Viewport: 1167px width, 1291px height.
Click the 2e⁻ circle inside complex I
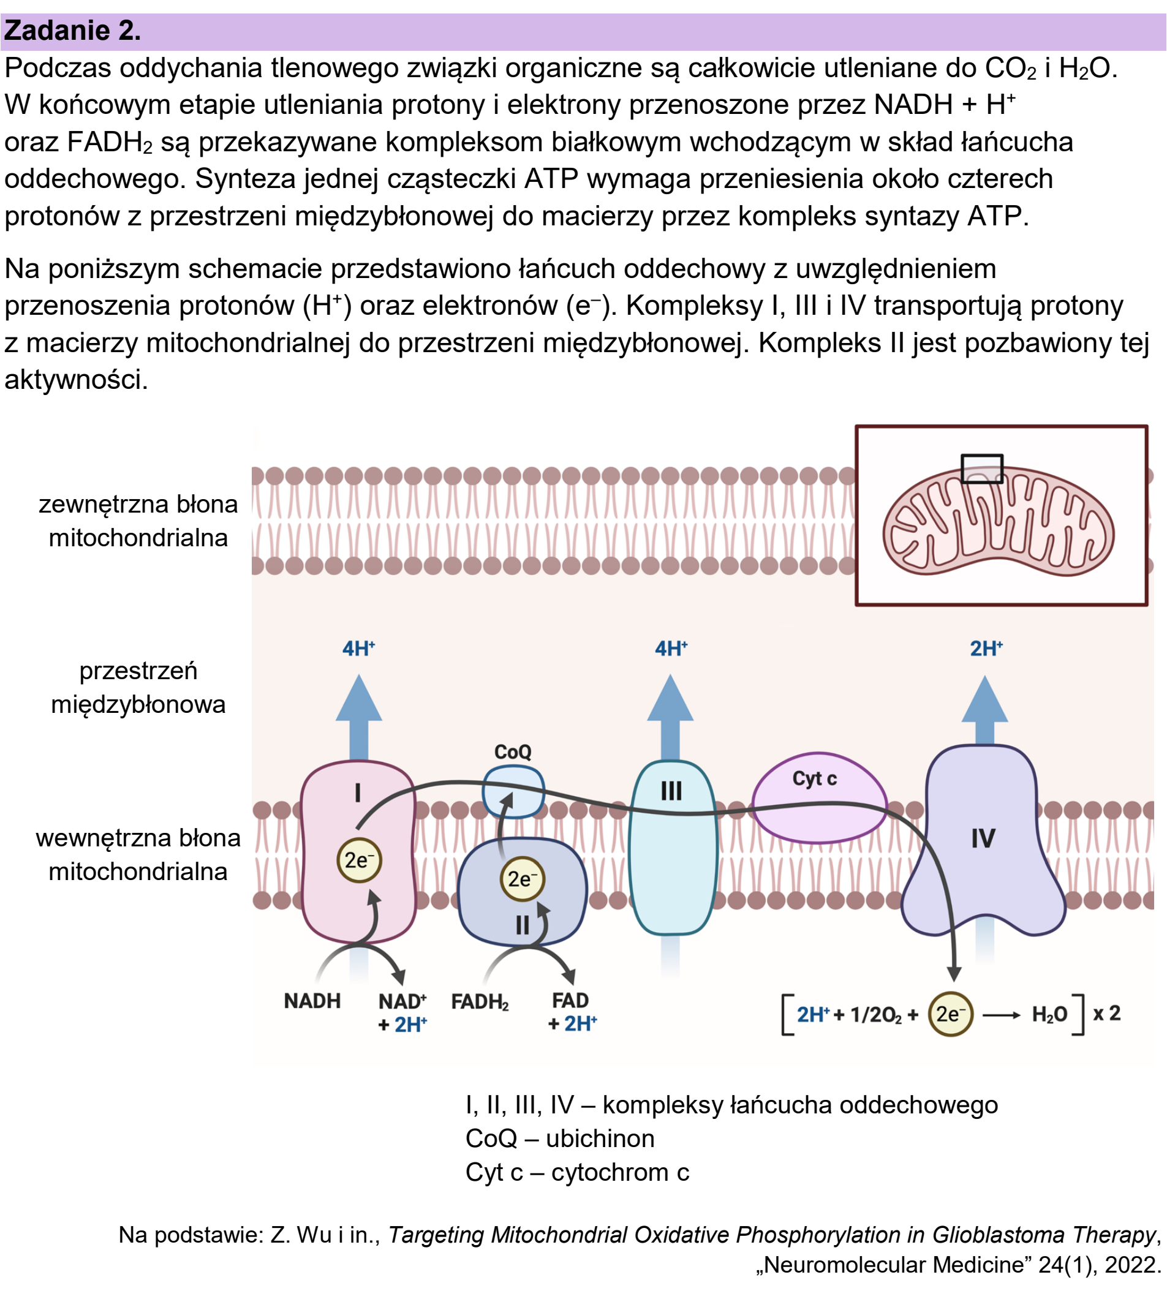pos(360,860)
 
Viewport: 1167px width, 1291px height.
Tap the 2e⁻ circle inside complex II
pos(522,879)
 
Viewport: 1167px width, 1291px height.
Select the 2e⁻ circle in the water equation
pos(951,1014)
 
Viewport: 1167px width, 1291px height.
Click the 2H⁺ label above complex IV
pos(986,648)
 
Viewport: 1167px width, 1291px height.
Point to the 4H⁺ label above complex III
pos(671,648)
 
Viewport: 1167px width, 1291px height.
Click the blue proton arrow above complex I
pos(359,717)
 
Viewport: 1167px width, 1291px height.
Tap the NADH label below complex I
pos(312,1001)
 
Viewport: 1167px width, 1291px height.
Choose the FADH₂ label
pos(480,1001)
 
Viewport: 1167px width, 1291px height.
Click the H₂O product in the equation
pos(1049,1014)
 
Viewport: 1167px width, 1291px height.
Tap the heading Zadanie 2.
pos(72,31)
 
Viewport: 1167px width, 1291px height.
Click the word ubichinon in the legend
pos(600,1139)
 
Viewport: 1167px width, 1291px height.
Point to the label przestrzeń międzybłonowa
pos(138,688)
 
